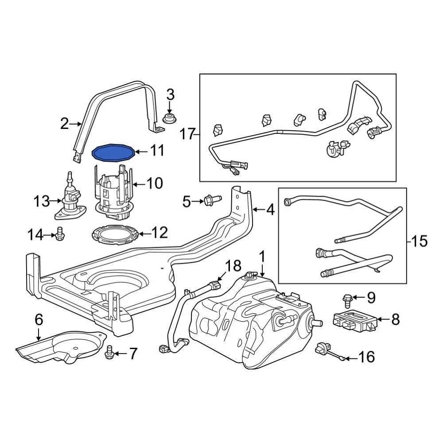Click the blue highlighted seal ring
pos(113,153)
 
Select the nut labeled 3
pos(169,118)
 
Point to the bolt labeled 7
pos(109,353)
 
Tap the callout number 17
pos(188,133)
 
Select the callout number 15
pos(419,241)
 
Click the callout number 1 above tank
pos(262,256)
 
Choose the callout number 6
pos(39,319)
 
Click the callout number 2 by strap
pos(65,124)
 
